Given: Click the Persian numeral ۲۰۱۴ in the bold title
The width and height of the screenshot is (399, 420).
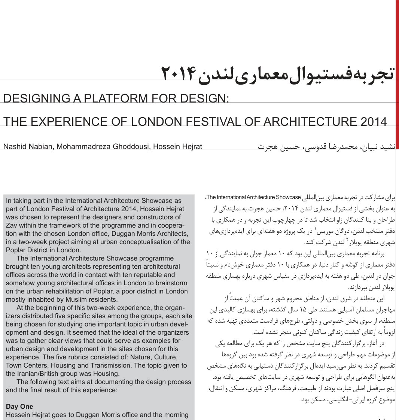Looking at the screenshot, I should (x=179, y=73).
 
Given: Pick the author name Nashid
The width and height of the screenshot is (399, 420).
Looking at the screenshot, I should (x=15, y=146).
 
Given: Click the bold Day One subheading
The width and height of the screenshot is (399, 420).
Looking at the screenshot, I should (x=19, y=407).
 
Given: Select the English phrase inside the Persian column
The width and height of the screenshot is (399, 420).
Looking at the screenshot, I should (x=253, y=197).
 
